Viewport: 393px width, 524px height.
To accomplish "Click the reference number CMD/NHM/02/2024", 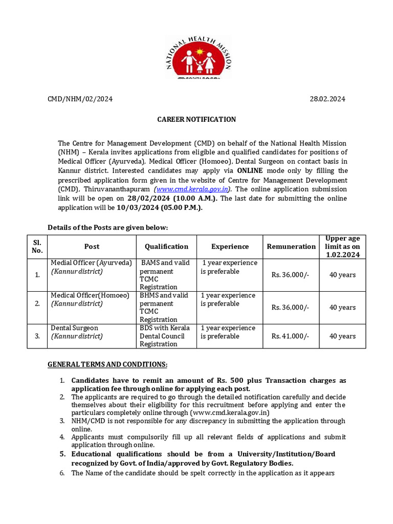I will click(x=80, y=99).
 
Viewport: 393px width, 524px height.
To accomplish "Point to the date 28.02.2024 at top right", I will click(x=327, y=99).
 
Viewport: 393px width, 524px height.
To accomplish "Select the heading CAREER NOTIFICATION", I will click(x=196, y=119).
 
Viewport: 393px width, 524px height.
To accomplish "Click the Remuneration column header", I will click(x=291, y=246).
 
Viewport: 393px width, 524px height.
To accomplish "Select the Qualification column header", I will click(x=166, y=246).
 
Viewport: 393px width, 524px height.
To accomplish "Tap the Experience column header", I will click(x=230, y=246).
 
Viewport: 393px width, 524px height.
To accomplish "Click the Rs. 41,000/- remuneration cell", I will click(x=290, y=336).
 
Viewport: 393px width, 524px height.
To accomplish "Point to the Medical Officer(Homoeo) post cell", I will click(x=90, y=295).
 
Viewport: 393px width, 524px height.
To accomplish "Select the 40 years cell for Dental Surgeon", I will click(x=342, y=336).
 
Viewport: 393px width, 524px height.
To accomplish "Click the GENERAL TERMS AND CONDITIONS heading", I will click(x=107, y=364).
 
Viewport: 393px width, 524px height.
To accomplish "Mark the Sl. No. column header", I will click(x=37, y=246).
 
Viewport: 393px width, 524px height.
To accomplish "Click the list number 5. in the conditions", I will click(x=62, y=454).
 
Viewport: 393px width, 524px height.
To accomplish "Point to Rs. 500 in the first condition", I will click(x=228, y=381).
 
